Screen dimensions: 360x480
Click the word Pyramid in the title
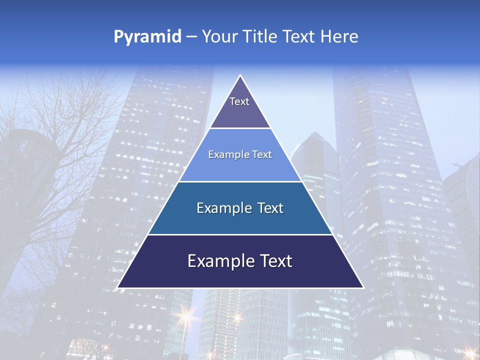pyautogui.click(x=147, y=37)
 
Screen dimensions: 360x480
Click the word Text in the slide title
pyautogui.click(x=299, y=37)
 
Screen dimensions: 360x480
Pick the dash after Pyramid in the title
pyautogui.click(x=191, y=37)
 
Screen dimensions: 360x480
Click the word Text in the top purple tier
pyautogui.click(x=239, y=101)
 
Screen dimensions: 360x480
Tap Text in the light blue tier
pyautogui.click(x=262, y=155)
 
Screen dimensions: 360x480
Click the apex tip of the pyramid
pyautogui.click(x=240, y=76)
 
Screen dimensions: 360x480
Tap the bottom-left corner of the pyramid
pyautogui.click(x=118, y=287)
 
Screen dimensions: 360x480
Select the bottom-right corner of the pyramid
pyautogui.click(x=362, y=287)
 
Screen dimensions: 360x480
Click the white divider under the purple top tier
pyautogui.click(x=240, y=128)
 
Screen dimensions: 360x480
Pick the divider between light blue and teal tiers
pyautogui.click(x=240, y=181)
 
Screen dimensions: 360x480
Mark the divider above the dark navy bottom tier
pyautogui.click(x=240, y=234)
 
